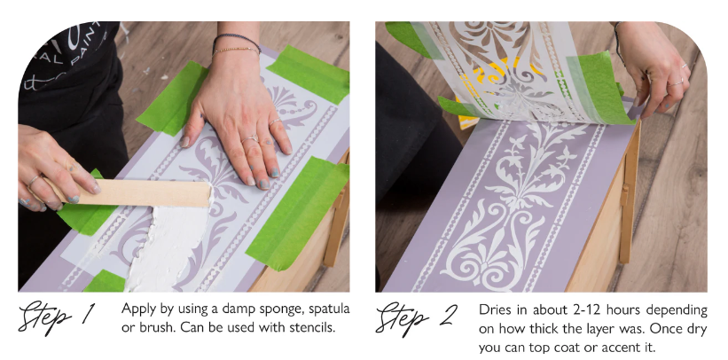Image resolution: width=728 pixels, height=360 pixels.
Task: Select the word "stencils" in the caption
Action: click(311, 327)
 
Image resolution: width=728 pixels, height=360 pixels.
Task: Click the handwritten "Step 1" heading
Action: click(58, 317)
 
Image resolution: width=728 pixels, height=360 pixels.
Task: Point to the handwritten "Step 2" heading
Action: click(416, 318)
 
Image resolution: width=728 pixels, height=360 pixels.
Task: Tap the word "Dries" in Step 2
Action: click(494, 309)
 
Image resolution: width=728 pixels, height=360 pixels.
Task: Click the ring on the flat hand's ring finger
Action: click(251, 138)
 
